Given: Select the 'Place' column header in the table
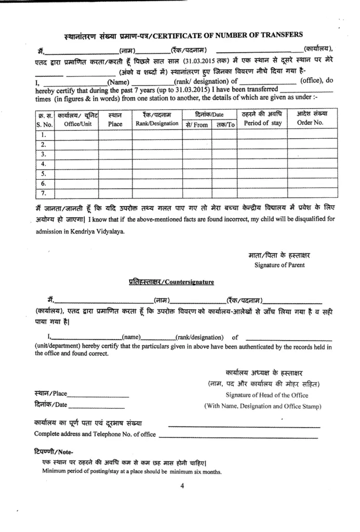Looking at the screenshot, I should [x=115, y=124].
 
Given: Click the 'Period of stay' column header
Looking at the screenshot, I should [x=262, y=123].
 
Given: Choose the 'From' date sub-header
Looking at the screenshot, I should [x=197, y=125].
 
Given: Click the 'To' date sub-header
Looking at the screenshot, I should [x=225, y=125].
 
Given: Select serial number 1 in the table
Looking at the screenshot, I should [x=44, y=135].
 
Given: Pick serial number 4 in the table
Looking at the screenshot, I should [x=44, y=164].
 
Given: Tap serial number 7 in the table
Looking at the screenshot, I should [x=44, y=193].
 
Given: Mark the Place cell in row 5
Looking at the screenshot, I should [x=115, y=174].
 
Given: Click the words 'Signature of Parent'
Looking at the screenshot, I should [x=279, y=265].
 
